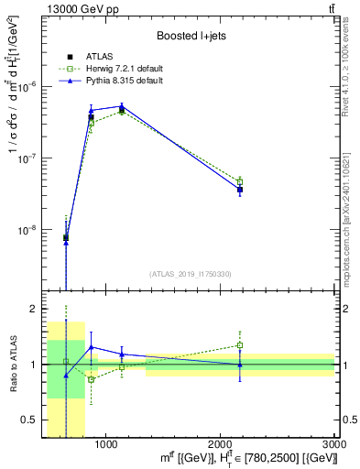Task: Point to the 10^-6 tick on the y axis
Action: coord(33,86)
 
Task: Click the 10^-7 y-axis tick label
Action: coord(33,158)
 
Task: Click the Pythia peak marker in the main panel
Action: coord(121,106)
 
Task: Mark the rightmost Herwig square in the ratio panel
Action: coord(240,345)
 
